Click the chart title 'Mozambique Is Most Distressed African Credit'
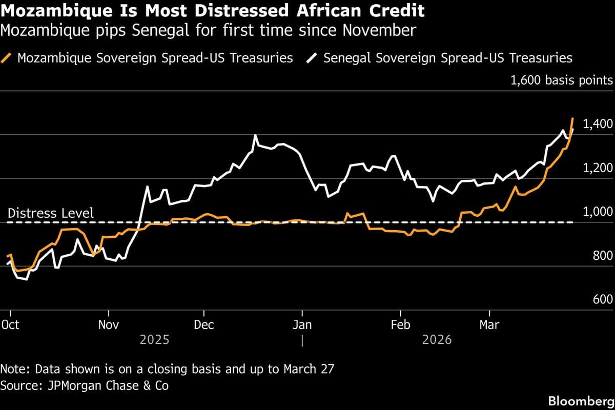pos(212,11)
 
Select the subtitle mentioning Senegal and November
pos(208,31)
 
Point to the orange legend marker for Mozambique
pos(7,57)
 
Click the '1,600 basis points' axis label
pos(561,80)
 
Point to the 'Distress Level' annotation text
pos(51,213)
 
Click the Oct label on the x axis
pos(10,325)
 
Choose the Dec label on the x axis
pos(204,325)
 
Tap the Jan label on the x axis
pos(302,325)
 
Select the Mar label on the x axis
pos(489,325)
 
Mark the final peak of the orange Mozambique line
pos(572,118)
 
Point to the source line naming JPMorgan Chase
pos(85,384)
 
